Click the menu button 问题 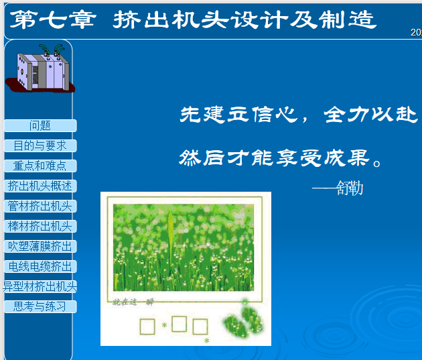pyautogui.click(x=40, y=125)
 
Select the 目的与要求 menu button pyautogui.click(x=40, y=145)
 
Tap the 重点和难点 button pyautogui.click(x=40, y=166)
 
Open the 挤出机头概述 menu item pyautogui.click(x=40, y=186)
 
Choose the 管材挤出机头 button pyautogui.click(x=40, y=206)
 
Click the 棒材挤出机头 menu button pyautogui.click(x=40, y=226)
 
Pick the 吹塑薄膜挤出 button pyautogui.click(x=40, y=246)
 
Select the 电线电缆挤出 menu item pyautogui.click(x=40, y=266)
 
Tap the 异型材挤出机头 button pyautogui.click(x=40, y=286)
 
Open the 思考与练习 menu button pyautogui.click(x=40, y=306)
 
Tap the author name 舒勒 pyautogui.click(x=350, y=188)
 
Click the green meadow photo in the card pyautogui.click(x=184, y=247)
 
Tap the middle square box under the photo pyautogui.click(x=179, y=324)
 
